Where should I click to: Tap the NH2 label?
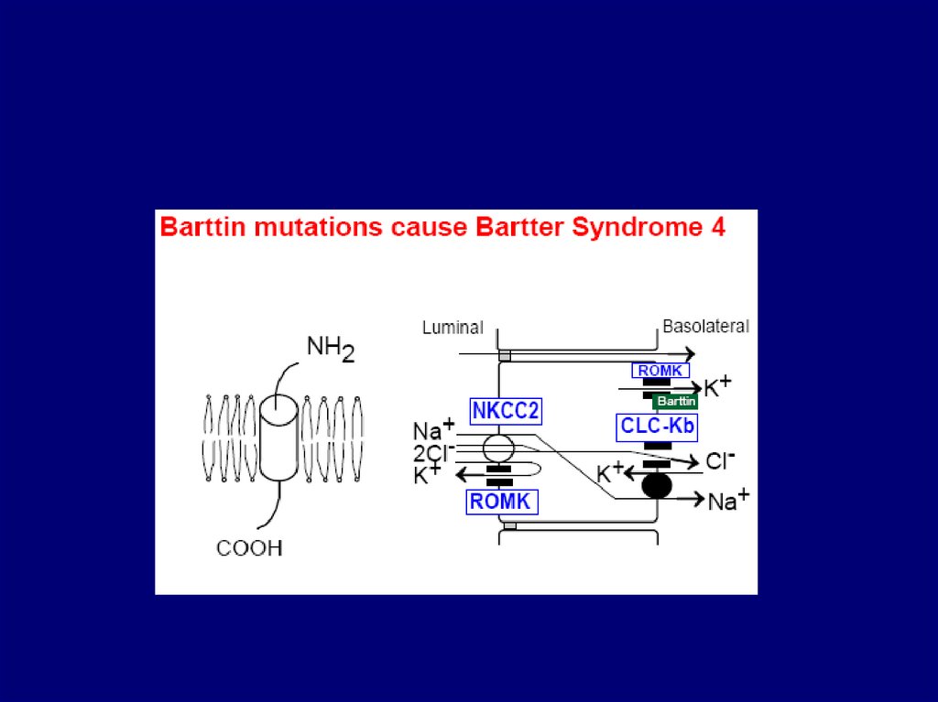pos(331,348)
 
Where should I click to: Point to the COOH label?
pos(249,548)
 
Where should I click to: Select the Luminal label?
pos(452,327)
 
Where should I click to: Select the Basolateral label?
pos(705,326)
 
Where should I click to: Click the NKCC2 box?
pos(506,411)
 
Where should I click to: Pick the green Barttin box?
pos(675,401)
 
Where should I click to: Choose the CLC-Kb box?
pos(657,426)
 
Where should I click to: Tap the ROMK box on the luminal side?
pos(501,501)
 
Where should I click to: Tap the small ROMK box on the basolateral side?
pos(660,371)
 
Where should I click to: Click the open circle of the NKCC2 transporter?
pos(498,448)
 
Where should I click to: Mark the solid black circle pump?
pos(657,485)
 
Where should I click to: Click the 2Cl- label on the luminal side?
pos(433,451)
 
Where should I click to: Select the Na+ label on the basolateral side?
pos(729,500)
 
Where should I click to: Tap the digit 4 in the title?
pos(717,227)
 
